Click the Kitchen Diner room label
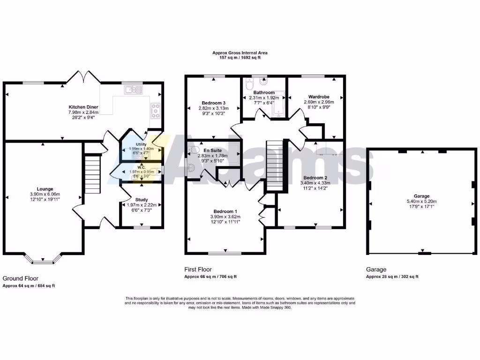coord(82,107)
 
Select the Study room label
coord(141,199)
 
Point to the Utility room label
coord(141,144)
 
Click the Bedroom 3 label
coord(214,103)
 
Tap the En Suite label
coord(213,150)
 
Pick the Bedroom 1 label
coord(226,211)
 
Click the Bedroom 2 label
coord(315,178)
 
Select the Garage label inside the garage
coord(421,196)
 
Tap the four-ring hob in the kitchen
coord(155,110)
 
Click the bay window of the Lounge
coord(43,258)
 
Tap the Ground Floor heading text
coord(21,278)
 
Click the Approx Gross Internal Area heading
coord(240,53)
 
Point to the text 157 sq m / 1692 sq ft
coord(240,58)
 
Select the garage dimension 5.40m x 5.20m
coord(421,202)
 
